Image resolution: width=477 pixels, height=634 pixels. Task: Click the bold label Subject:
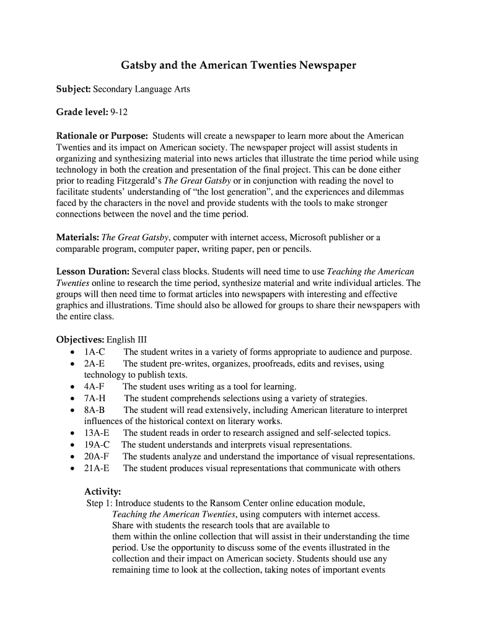74,89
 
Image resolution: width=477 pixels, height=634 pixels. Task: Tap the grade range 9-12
119,112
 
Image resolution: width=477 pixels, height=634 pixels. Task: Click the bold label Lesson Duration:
93,272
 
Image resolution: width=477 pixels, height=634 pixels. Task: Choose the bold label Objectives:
81,340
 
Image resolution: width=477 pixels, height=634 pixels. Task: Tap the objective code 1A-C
95,352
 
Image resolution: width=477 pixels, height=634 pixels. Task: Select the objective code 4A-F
94,387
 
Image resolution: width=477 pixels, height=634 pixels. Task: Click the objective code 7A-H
95,398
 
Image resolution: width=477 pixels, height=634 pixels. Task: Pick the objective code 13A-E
97,433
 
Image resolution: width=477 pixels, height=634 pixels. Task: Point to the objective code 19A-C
97,445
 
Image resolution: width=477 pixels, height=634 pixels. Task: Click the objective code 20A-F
97,456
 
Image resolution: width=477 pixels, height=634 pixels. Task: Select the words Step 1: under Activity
99,503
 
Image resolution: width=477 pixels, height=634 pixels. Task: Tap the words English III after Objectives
127,340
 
